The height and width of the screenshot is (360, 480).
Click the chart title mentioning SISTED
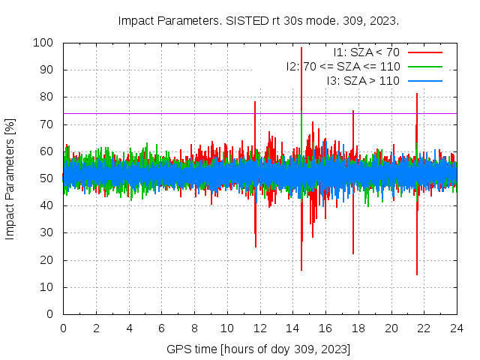(x=259, y=20)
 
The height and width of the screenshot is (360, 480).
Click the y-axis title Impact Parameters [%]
(x=10, y=178)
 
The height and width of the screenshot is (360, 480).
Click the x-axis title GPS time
(x=259, y=349)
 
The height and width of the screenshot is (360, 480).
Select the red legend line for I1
(x=424, y=52)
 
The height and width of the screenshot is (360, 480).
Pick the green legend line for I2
(x=424, y=66)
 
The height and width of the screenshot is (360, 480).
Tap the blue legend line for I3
(x=424, y=80)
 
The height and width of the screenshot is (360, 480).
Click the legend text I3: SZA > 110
(x=363, y=80)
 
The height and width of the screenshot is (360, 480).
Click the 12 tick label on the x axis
(x=259, y=328)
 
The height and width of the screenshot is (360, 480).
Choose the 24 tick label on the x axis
(x=457, y=328)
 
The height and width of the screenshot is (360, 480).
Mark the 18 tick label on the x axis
(x=358, y=328)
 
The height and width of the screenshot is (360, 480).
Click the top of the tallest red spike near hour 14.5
(x=301, y=47)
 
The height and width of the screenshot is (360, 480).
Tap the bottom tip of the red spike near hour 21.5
(x=417, y=274)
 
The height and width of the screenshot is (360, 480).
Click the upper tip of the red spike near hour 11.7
(x=255, y=102)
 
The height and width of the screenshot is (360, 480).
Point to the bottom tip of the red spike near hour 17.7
(x=353, y=253)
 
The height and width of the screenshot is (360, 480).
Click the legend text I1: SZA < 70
(x=367, y=52)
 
